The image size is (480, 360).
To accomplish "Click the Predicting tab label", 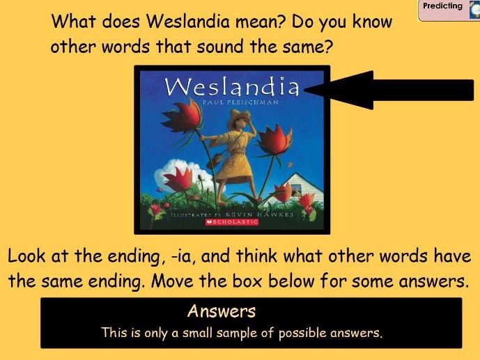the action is (442, 6).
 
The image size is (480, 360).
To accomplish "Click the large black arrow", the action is (389, 90).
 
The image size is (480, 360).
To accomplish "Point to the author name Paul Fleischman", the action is (240, 102).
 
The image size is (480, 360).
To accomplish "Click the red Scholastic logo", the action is (232, 221).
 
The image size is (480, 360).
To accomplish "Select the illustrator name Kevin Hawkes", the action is (259, 214).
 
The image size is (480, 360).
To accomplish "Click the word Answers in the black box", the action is (222, 311).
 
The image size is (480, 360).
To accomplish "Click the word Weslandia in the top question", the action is (187, 22).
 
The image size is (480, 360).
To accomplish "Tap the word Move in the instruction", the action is (173, 281).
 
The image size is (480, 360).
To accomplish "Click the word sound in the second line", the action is (220, 47).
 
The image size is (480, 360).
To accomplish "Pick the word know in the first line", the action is (371, 22).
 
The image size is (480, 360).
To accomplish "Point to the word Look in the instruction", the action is (26, 256).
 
